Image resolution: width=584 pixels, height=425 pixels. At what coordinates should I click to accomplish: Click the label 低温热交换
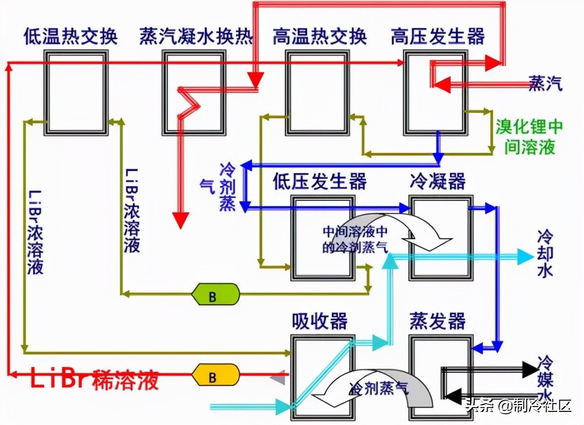(x=71, y=37)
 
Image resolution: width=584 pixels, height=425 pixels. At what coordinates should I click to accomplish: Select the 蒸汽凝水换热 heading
(x=196, y=37)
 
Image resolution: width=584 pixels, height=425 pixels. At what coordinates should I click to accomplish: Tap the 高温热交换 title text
(x=319, y=37)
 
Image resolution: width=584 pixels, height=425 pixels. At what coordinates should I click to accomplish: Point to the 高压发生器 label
(x=438, y=37)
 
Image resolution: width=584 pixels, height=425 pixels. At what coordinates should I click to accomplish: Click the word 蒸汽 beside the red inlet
(x=546, y=84)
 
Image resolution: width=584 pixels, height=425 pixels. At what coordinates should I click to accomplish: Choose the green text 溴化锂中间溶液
(x=529, y=137)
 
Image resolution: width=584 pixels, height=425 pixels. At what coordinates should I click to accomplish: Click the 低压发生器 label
(x=319, y=182)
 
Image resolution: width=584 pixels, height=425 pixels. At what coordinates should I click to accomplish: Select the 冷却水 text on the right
(x=545, y=254)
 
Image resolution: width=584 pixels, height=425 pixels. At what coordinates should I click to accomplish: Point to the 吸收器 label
(x=319, y=321)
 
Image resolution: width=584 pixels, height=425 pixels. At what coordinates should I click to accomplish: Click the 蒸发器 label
(x=438, y=321)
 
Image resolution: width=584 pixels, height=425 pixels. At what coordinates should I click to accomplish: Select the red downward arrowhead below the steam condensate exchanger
(x=182, y=221)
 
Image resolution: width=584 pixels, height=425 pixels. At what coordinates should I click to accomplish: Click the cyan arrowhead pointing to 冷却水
(x=525, y=256)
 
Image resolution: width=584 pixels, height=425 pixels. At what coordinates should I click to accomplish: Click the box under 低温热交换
(x=76, y=93)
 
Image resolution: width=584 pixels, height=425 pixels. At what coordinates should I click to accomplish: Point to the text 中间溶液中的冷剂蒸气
(x=355, y=239)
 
